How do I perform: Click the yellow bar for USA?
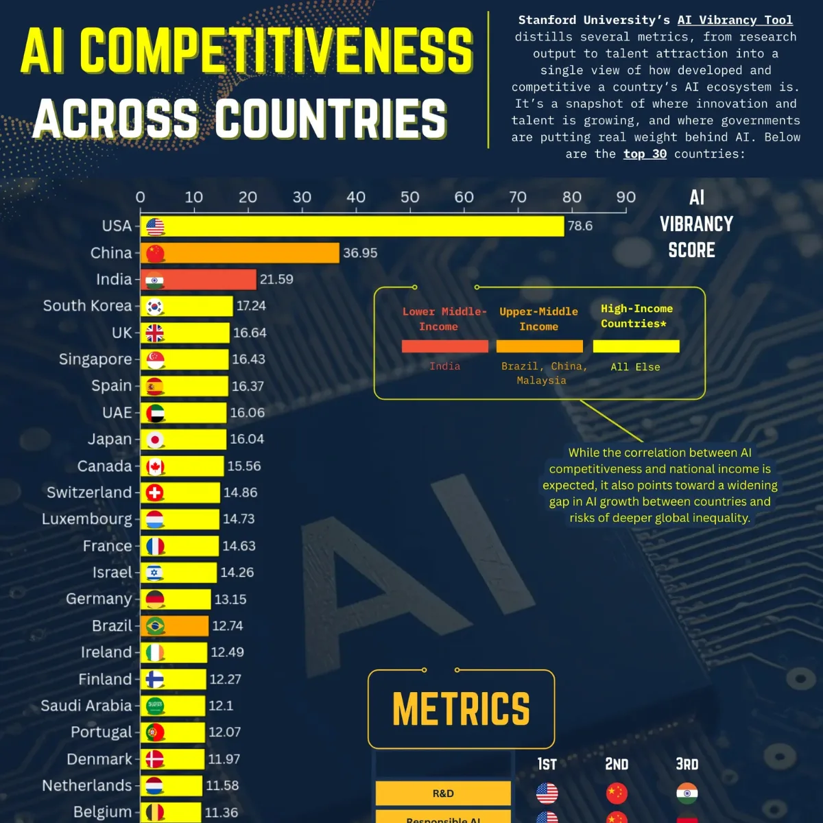[357, 226]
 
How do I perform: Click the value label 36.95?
[360, 253]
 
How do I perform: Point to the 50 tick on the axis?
[410, 198]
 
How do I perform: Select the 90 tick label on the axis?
[625, 198]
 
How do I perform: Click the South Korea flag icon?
[155, 307]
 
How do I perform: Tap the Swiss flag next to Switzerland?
[155, 493]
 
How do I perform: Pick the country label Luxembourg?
[87, 519]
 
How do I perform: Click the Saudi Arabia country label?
[86, 706]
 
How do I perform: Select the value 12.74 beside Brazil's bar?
[228, 626]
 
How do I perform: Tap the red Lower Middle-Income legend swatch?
[445, 346]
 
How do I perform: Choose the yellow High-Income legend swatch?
[636, 346]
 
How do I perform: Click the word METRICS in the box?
[461, 709]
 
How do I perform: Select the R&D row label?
[443, 794]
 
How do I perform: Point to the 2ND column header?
[617, 764]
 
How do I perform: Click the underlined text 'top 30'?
[645, 154]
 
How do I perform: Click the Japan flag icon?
[155, 440]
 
